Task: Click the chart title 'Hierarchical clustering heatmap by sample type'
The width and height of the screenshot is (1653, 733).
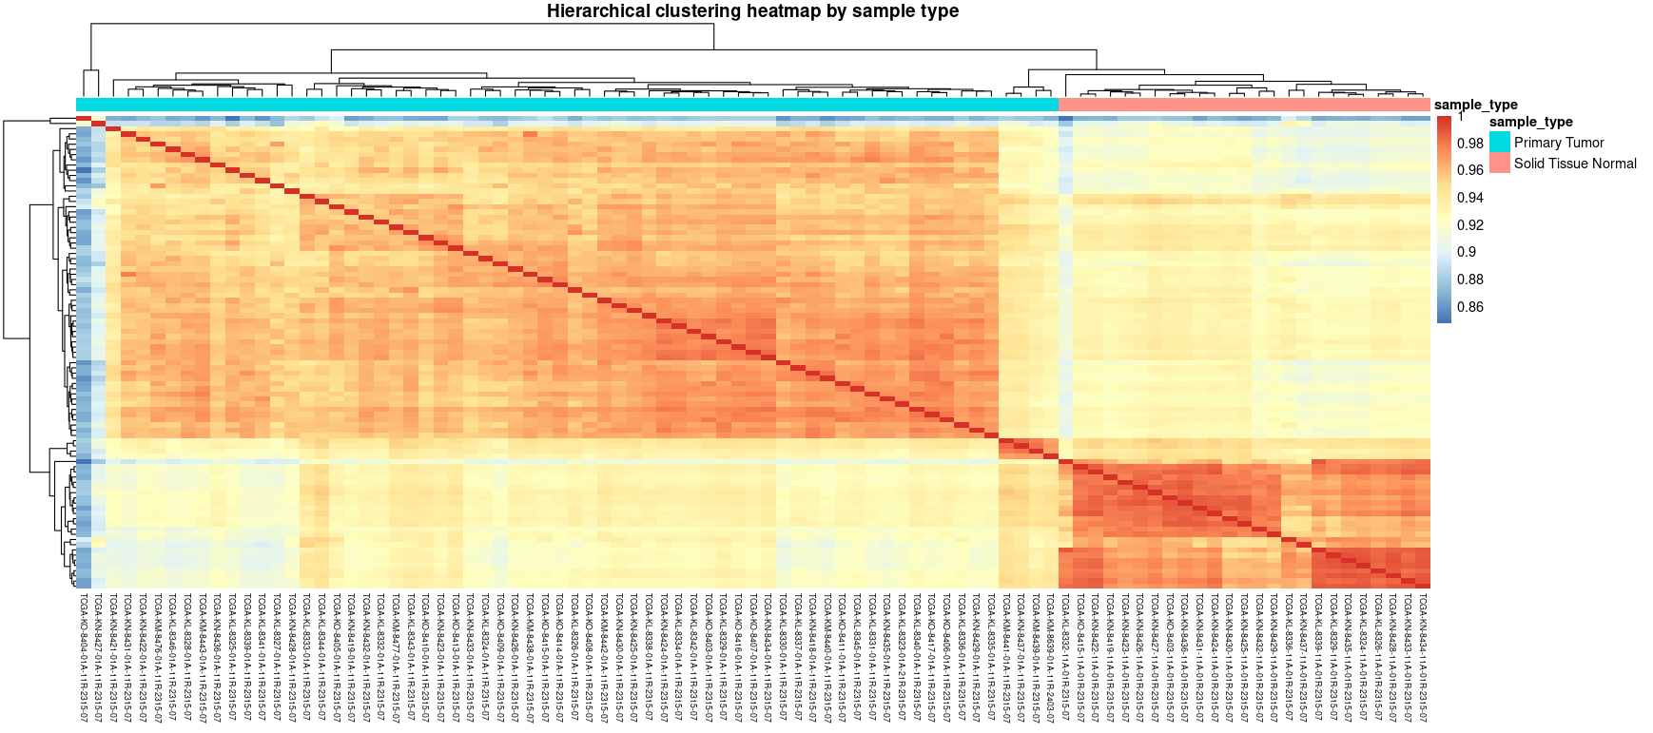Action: point(752,11)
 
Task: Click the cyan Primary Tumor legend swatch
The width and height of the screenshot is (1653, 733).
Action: point(1500,142)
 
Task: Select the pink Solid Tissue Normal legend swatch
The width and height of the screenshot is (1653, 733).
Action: point(1500,163)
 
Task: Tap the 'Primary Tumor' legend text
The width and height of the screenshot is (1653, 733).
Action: point(1559,143)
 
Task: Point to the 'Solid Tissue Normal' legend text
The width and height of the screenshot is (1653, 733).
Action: point(1575,164)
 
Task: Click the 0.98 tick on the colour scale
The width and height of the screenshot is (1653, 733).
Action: point(1470,144)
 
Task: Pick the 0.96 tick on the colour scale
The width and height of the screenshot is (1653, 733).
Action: point(1470,170)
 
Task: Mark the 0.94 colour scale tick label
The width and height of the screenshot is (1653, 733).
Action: point(1470,198)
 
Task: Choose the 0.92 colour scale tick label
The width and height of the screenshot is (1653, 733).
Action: point(1470,225)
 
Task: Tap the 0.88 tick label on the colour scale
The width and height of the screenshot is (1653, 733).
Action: point(1470,280)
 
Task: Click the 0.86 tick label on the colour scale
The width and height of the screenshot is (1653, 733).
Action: point(1470,307)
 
